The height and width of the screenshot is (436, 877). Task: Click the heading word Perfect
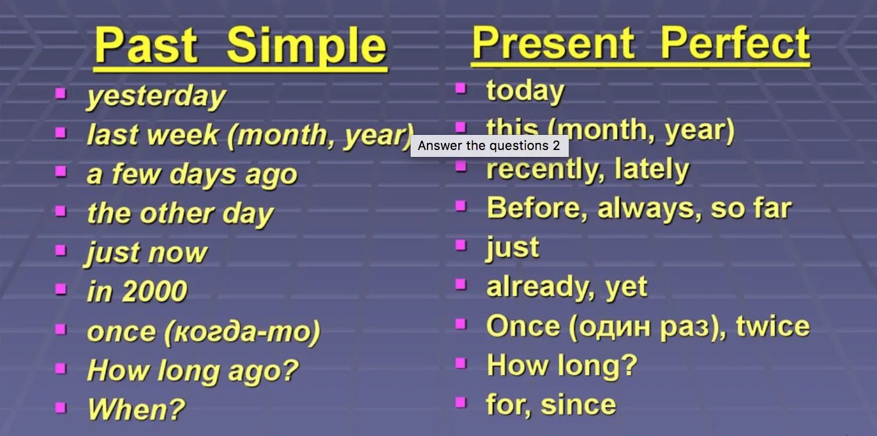tap(735, 42)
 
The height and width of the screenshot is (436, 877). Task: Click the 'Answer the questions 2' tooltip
tap(490, 145)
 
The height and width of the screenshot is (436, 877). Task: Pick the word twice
tap(772, 326)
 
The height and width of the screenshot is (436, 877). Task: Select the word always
tap(649, 209)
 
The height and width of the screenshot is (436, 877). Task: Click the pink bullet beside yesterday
tap(60, 94)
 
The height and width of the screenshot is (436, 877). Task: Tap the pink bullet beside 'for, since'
tap(461, 402)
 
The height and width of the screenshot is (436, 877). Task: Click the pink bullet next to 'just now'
tap(60, 250)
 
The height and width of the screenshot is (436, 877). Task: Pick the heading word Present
tap(553, 43)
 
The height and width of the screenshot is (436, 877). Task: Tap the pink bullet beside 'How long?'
tap(461, 363)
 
